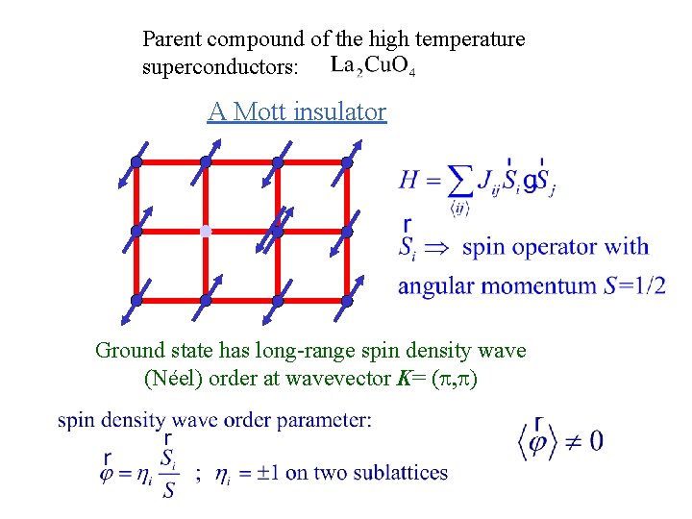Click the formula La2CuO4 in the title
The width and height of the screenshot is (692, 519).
372,67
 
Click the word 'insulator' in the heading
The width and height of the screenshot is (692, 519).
341,112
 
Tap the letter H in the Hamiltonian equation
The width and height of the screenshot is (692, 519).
409,179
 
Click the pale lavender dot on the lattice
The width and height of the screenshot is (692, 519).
206,232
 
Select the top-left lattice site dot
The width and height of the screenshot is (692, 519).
136,162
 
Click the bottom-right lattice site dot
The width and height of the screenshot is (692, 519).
347,301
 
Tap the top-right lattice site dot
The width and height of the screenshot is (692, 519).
347,162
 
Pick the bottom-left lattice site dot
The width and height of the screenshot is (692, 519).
136,301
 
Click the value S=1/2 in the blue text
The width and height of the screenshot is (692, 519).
630,286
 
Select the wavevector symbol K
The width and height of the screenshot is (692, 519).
402,378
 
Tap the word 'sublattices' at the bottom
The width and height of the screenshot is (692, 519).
400,473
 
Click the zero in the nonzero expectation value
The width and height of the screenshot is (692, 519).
595,441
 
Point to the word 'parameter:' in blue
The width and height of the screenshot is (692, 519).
324,420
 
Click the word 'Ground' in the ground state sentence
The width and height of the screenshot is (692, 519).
127,351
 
